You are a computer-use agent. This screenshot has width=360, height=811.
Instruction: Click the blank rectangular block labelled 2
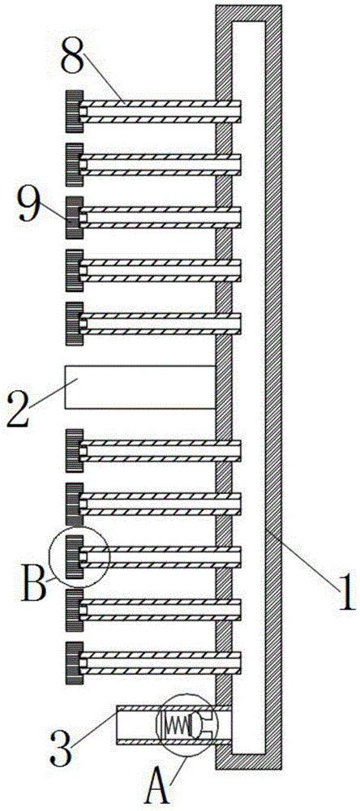coord(139,387)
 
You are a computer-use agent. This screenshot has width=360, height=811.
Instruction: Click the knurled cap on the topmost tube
coord(75,112)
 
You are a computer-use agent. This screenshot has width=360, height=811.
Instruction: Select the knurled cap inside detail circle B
coord(75,557)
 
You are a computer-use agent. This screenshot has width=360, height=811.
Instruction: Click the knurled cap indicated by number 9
coord(75,217)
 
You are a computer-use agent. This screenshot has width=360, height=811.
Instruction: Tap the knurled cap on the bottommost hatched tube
coord(75,663)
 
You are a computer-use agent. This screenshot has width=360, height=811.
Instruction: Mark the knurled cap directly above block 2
coord(75,324)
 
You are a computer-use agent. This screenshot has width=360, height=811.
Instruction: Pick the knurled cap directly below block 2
coord(75,450)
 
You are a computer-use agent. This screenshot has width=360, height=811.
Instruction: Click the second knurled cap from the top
coord(75,165)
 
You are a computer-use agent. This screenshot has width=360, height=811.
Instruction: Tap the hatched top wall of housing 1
coord(248,13)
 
